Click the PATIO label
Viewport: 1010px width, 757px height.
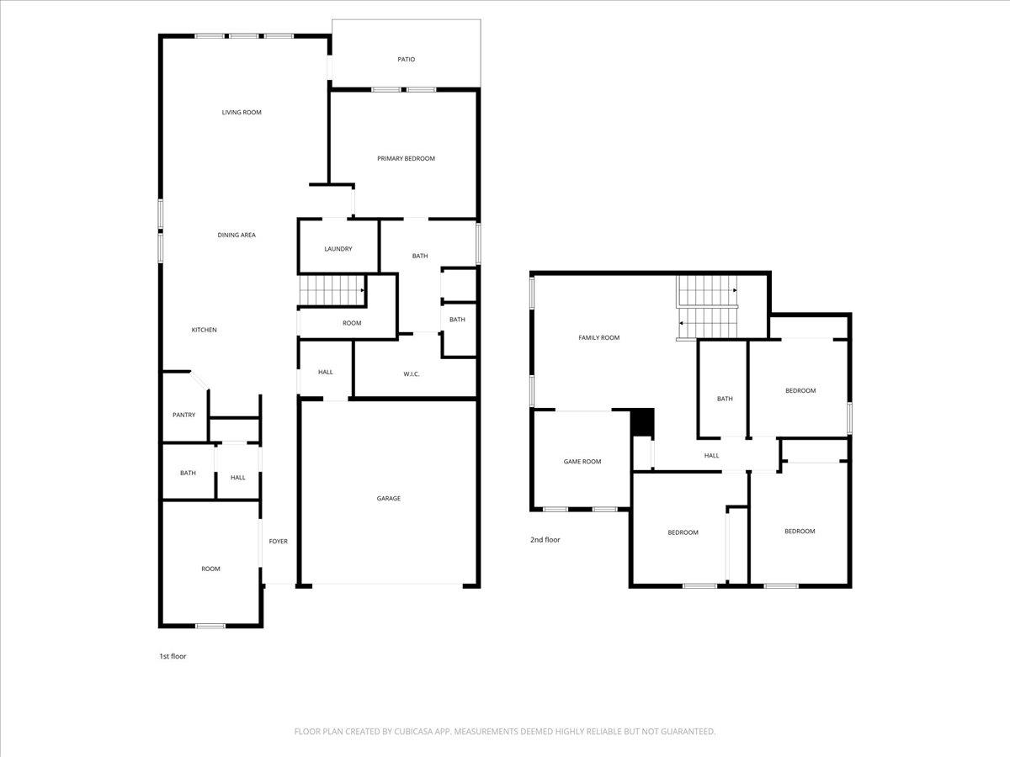click(406, 60)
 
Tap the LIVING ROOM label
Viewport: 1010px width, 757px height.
click(242, 113)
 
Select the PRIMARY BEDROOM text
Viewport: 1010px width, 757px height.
click(406, 158)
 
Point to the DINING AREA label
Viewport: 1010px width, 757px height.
click(237, 236)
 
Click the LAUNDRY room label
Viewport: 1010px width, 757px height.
click(338, 249)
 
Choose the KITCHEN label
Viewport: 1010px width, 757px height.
click(204, 330)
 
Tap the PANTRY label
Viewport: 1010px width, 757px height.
click(183, 415)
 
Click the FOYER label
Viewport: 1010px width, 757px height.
click(278, 541)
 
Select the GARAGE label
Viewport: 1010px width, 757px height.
click(388, 499)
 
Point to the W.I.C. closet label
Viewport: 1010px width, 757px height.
click(411, 374)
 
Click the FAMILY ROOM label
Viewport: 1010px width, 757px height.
click(598, 338)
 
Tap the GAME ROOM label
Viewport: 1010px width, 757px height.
click(582, 461)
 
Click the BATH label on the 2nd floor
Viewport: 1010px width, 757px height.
click(724, 399)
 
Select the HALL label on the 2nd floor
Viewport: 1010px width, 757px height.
click(711, 456)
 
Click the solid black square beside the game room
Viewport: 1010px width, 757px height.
click(642, 422)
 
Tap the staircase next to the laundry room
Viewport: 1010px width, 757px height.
click(332, 290)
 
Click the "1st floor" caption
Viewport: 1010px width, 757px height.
click(173, 656)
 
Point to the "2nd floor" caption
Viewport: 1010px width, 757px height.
click(545, 540)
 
